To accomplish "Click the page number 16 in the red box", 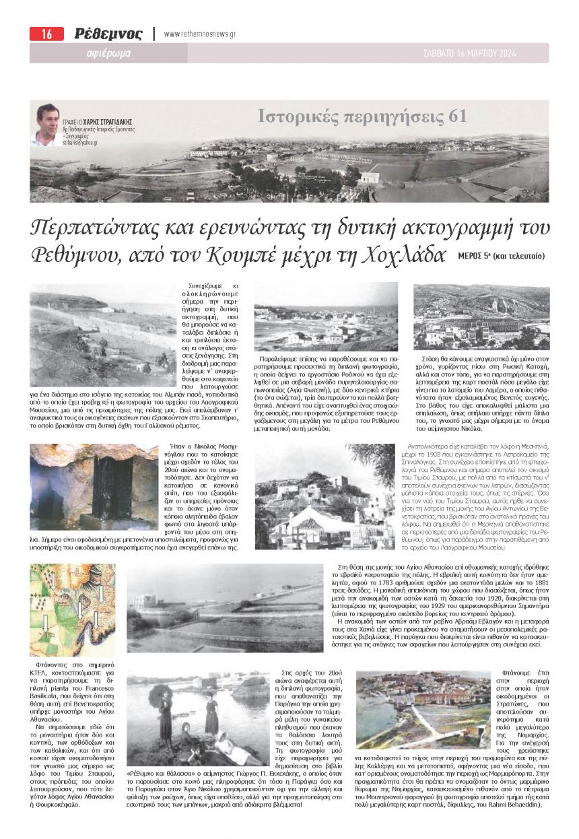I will pos(46,34).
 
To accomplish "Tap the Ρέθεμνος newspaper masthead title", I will pos(108,34).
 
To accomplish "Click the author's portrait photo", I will pos(47,125).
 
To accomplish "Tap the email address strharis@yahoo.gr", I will pos(80,143).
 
